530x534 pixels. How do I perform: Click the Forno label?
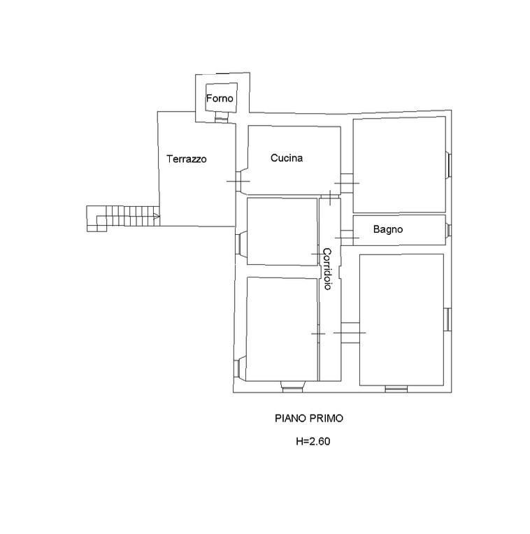click(x=220, y=99)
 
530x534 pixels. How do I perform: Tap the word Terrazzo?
click(x=187, y=159)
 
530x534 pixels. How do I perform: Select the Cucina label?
click(x=287, y=158)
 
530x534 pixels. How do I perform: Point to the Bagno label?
click(x=388, y=229)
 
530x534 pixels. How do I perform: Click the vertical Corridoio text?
click(x=327, y=268)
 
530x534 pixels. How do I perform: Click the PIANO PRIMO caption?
click(x=309, y=418)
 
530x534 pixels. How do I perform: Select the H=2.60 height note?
click(x=313, y=441)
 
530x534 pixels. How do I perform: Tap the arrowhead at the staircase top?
click(x=157, y=216)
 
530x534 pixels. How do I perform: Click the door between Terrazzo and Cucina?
click(x=238, y=181)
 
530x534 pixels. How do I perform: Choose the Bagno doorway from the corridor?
click(x=347, y=238)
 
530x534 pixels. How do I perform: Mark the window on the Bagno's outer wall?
click(x=449, y=230)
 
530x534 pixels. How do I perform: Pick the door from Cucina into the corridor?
click(x=330, y=197)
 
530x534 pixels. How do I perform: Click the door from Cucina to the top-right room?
click(x=347, y=183)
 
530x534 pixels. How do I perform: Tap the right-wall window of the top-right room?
click(x=449, y=165)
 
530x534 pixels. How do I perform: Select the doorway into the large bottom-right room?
click(x=350, y=333)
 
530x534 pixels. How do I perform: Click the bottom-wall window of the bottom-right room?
click(x=396, y=389)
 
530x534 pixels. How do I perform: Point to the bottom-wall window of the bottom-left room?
click(x=292, y=387)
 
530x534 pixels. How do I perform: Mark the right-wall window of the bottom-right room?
click(x=448, y=319)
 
